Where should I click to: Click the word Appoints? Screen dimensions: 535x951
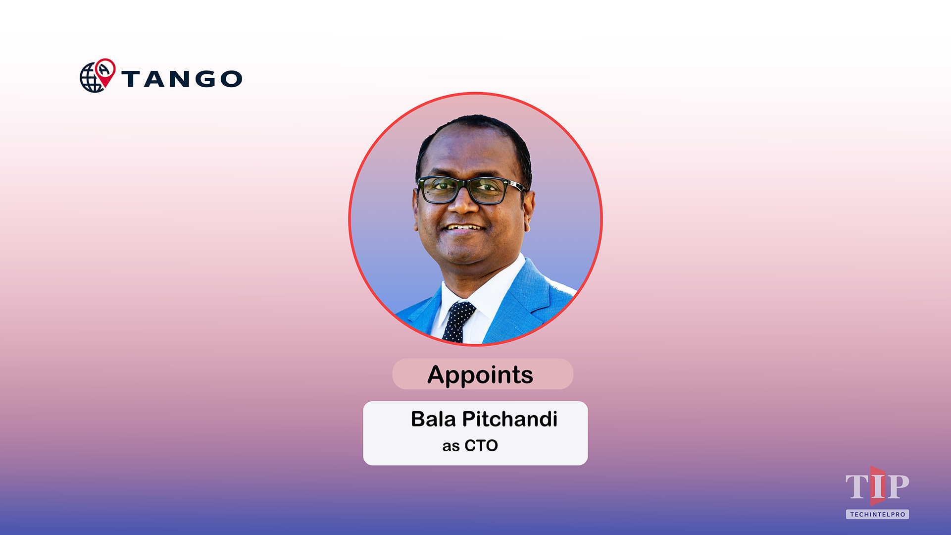(480, 374)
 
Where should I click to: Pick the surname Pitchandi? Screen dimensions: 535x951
(509, 419)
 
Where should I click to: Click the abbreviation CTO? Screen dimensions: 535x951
(481, 446)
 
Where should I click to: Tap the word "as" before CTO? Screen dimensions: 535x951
(451, 446)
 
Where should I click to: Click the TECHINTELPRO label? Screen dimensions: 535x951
(877, 514)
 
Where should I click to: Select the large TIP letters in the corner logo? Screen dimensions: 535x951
(877, 486)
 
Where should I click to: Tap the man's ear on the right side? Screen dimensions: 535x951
(529, 208)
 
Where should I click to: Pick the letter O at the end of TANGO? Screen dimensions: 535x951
(231, 79)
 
